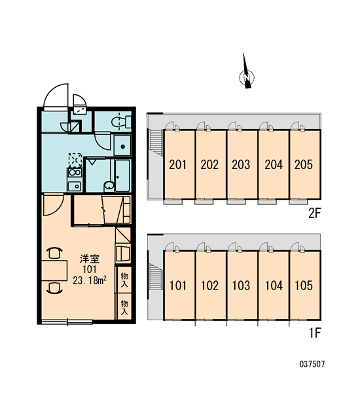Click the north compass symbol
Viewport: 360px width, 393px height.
coord(247,75)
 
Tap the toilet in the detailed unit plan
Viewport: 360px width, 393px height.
coord(122,122)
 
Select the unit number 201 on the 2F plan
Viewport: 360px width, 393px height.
coord(177,164)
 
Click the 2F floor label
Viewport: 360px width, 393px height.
coord(314,214)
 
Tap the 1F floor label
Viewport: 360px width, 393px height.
coord(315,333)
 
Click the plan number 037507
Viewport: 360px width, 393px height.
coord(312,364)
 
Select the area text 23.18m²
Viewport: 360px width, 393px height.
coord(90,280)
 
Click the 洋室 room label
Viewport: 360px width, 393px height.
coord(90,259)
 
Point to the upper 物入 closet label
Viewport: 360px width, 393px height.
coord(124,280)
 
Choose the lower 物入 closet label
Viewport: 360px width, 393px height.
coord(124,308)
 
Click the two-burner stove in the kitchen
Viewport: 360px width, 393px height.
coord(75,173)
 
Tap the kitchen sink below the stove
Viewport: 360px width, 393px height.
coord(75,186)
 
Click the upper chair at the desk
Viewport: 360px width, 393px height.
coord(55,253)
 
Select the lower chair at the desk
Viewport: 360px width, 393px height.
coord(55,288)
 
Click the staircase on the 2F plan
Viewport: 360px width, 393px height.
coord(156,141)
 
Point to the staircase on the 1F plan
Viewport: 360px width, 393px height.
coord(156,276)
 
